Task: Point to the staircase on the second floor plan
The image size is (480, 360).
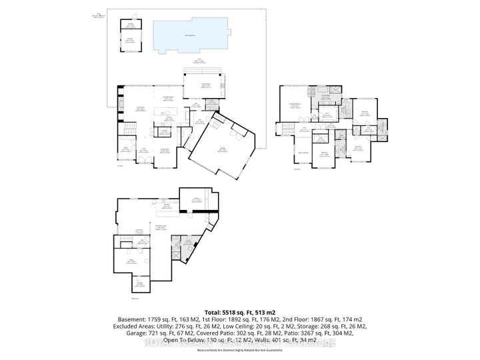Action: point(288,131)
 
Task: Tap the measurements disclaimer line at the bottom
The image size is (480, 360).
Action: point(239,349)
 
